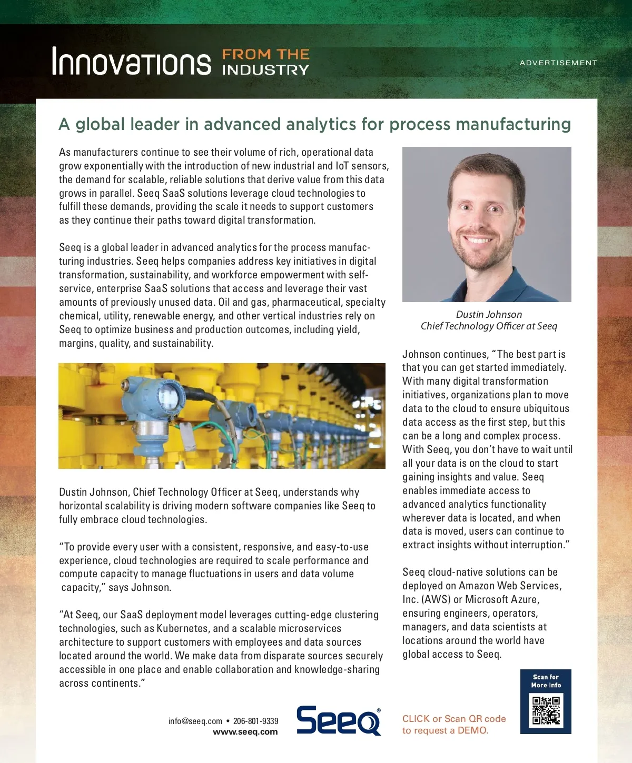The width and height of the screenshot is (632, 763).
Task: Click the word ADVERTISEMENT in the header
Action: [558, 63]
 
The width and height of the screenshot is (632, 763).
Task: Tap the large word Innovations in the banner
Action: [131, 62]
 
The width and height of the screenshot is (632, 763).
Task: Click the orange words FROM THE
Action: [265, 54]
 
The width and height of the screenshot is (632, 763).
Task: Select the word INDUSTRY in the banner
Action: [265, 69]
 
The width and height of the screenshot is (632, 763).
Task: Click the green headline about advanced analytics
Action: [315, 124]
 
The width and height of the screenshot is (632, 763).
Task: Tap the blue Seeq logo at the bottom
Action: [339, 720]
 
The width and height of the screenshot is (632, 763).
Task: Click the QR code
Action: [546, 710]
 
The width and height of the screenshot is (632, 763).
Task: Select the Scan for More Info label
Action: [546, 681]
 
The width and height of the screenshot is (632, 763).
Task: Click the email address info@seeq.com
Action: [195, 721]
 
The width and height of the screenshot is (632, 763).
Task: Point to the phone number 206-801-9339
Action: [255, 721]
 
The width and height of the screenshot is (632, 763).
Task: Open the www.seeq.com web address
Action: [245, 732]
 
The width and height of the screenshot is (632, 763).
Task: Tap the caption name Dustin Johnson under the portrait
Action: [489, 314]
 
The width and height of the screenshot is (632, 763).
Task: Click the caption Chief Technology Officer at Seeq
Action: [489, 326]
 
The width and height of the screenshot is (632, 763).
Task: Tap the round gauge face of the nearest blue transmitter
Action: [167, 395]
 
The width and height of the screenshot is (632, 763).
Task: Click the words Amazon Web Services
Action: [508, 586]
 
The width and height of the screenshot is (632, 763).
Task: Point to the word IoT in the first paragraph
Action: [342, 166]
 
